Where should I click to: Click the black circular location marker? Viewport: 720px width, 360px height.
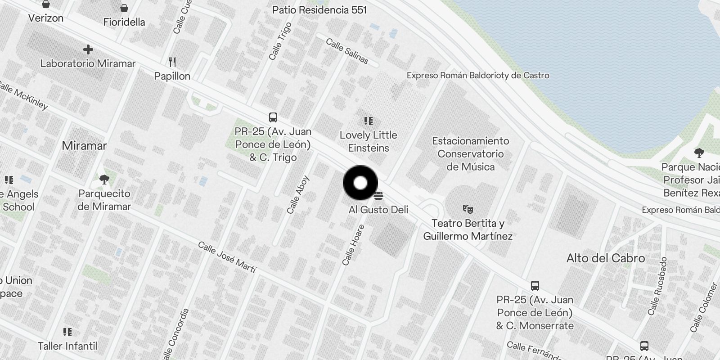tap(360, 183)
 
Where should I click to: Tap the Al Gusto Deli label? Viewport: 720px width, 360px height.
tap(378, 210)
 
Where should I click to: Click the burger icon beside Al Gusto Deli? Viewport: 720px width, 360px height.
tap(378, 196)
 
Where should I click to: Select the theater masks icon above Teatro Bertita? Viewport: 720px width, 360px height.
tap(468, 209)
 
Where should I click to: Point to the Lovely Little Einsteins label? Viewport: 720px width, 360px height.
tap(368, 141)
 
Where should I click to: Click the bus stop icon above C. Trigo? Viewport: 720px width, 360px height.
tap(273, 117)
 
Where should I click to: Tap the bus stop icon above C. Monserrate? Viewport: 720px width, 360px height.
tap(535, 285)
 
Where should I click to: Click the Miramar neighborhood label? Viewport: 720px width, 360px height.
tap(84, 146)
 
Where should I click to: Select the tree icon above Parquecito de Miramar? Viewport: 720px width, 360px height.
tap(104, 180)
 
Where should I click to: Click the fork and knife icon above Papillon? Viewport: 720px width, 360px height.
tap(172, 62)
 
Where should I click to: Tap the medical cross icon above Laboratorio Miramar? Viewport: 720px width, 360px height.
tap(88, 49)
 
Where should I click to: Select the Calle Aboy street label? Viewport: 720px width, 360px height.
tap(298, 194)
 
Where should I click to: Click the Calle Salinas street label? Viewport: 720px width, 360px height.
tap(346, 51)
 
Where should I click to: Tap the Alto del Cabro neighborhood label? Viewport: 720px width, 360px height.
tap(605, 258)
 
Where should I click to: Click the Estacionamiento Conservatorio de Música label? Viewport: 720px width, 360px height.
tap(470, 154)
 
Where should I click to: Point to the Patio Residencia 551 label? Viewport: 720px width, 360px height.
tap(319, 10)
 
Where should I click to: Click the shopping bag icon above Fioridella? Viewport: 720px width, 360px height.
tap(124, 8)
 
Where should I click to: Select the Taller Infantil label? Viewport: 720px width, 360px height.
tap(67, 346)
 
